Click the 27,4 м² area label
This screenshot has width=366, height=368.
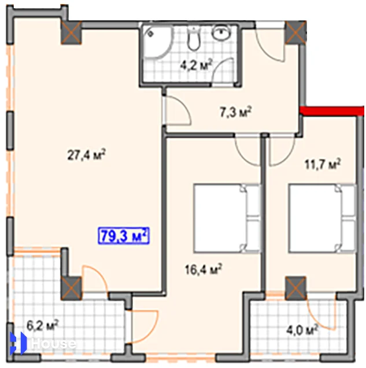(87, 155)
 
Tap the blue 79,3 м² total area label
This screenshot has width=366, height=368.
(124, 236)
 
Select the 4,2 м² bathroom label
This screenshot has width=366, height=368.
(196, 65)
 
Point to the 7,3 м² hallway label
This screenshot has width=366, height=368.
(235, 112)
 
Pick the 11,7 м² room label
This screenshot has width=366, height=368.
(323, 164)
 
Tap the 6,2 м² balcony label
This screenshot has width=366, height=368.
(42, 326)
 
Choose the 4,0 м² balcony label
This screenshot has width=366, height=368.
(302, 330)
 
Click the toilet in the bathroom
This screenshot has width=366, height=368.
(194, 38)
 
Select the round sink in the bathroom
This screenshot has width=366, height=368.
(221, 32)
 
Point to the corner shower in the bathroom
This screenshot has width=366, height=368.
(157, 42)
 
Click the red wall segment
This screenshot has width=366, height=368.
(332, 111)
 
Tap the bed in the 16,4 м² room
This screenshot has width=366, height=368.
(227, 218)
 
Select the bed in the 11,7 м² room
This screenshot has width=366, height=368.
(323, 218)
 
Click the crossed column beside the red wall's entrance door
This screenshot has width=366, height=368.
(296, 32)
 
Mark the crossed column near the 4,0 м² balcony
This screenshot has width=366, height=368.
(296, 288)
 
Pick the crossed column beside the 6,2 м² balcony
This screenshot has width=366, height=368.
(71, 289)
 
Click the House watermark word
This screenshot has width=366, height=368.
(54, 344)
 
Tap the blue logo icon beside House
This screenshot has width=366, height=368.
(19, 343)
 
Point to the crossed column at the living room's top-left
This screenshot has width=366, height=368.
(71, 32)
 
